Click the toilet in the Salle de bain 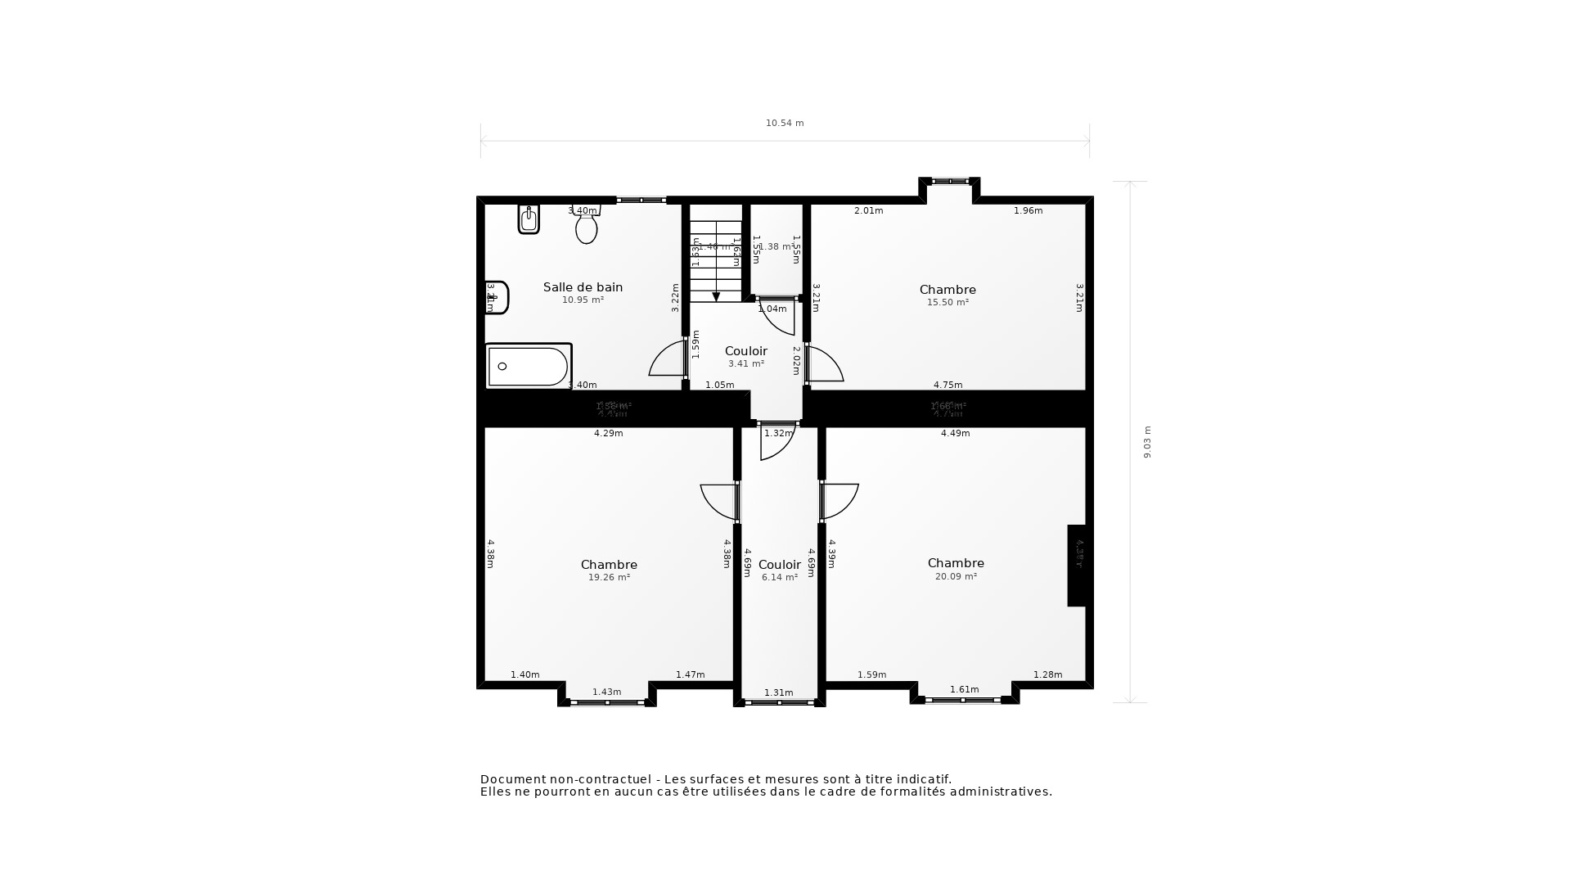point(586,228)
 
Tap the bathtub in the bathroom point(528,366)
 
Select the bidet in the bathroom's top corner point(529,219)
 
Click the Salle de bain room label point(583,287)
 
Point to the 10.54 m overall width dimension point(785,124)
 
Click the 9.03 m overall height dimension point(1147,442)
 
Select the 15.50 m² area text point(948,303)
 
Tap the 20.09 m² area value point(956,577)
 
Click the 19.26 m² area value point(609,578)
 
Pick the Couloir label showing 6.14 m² point(779,565)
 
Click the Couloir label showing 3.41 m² point(745,351)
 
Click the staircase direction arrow point(716,296)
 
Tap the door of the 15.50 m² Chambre point(825,364)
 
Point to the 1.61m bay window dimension point(964,690)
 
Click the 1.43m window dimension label point(606,692)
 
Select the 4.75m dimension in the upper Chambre point(948,386)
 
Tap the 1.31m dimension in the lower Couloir point(778,693)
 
